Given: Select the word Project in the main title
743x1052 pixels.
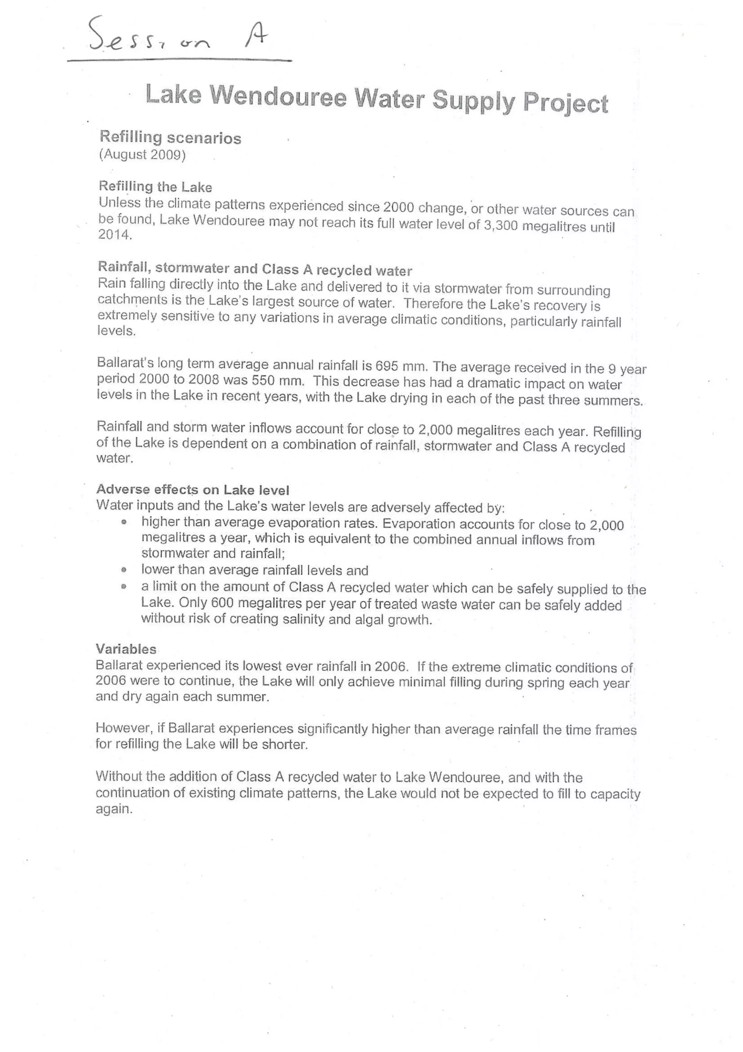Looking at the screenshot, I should [565, 103].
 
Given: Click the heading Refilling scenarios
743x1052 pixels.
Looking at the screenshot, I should [170, 138].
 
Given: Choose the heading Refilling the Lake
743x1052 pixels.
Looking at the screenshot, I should [156, 187].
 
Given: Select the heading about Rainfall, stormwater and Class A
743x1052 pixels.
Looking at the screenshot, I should [255, 269].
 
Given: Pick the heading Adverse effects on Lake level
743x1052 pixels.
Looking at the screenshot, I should [193, 490].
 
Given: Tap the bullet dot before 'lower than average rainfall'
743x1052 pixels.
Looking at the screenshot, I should [124, 570].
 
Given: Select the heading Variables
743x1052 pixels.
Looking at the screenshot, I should [126, 649].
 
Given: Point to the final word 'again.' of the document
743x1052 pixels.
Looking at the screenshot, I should [114, 809].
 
